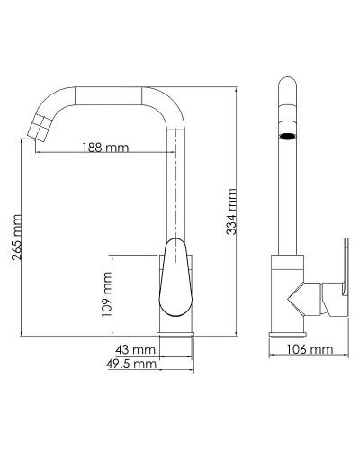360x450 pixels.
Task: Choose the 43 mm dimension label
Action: [x=132, y=348]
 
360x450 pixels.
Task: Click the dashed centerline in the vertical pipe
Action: [x=175, y=180]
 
